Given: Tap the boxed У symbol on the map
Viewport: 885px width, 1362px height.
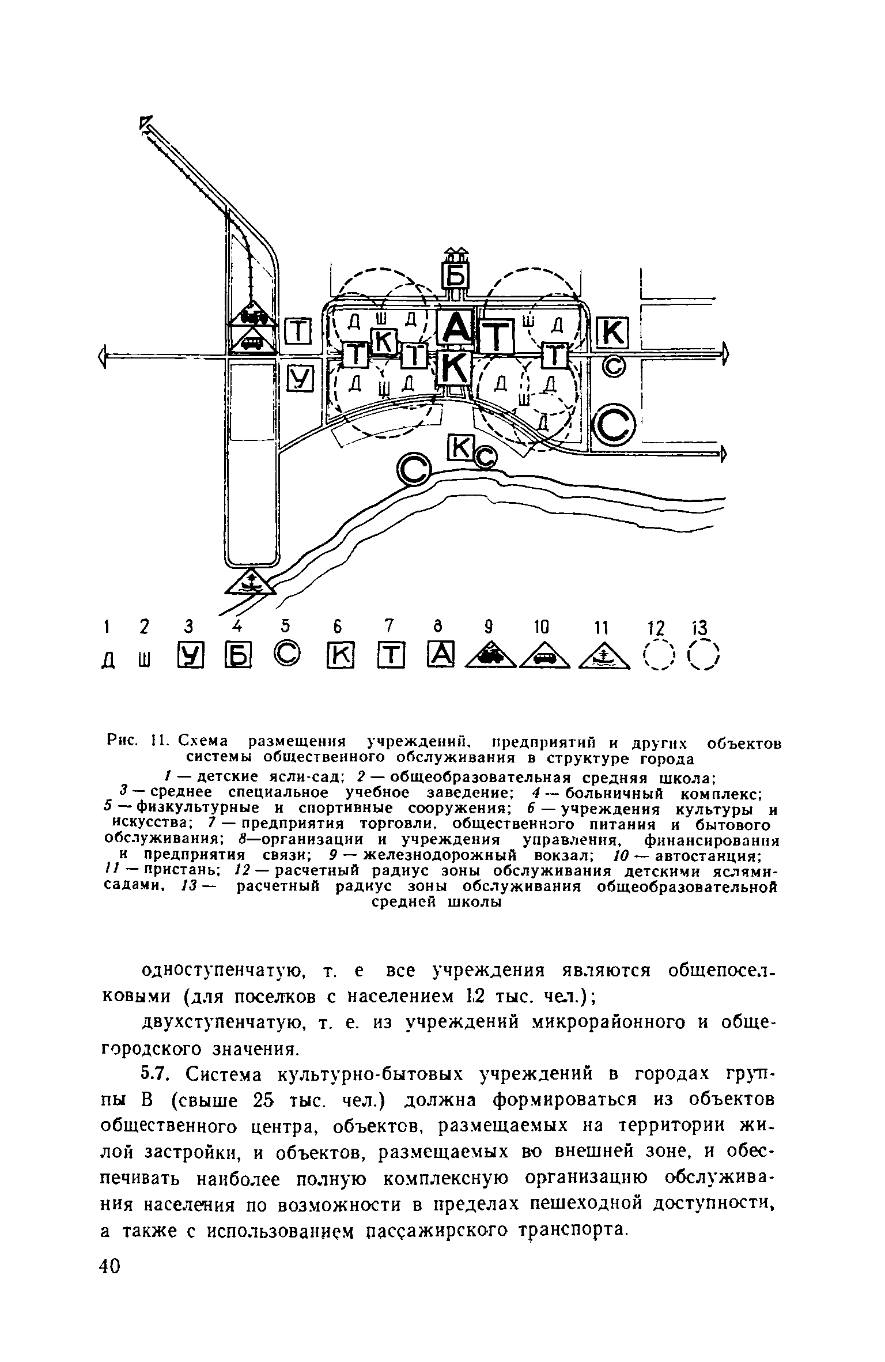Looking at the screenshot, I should [x=298, y=377].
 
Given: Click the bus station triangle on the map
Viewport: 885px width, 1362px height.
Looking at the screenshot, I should [x=251, y=341].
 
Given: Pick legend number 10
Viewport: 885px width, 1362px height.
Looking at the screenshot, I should [x=541, y=627].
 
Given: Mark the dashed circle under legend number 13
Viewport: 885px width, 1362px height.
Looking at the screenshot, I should [x=704, y=657].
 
